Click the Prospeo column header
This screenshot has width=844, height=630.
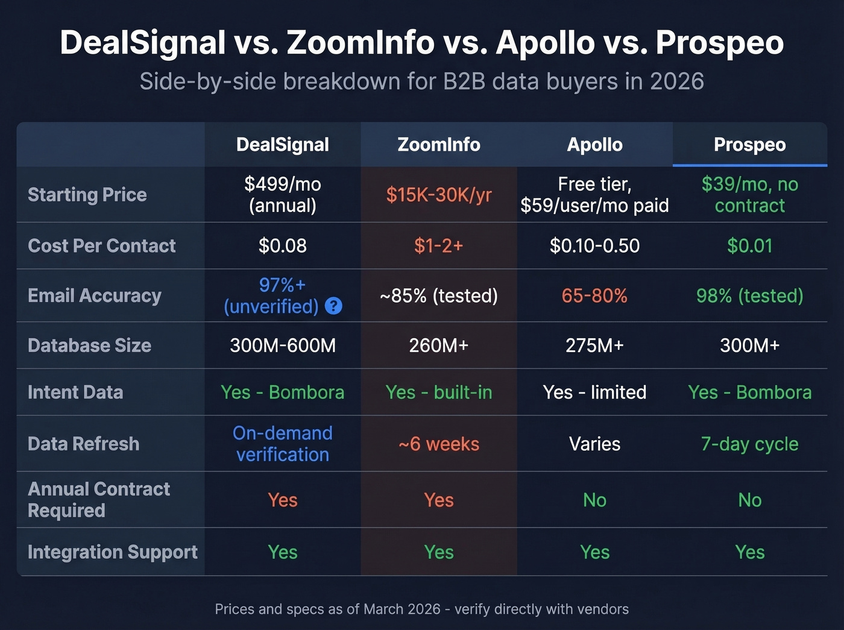(x=749, y=145)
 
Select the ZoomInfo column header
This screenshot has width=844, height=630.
(x=439, y=145)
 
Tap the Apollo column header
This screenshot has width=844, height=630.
(x=594, y=145)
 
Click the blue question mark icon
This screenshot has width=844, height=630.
(x=333, y=306)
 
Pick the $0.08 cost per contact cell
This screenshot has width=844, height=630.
(x=282, y=246)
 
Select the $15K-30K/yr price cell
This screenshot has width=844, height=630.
(x=439, y=195)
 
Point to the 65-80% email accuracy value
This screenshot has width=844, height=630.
(x=594, y=296)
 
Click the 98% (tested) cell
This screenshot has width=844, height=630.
(x=749, y=296)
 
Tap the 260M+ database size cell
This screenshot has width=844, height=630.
(x=439, y=345)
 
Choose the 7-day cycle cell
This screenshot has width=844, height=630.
(x=749, y=444)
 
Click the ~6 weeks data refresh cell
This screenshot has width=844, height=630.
(x=439, y=444)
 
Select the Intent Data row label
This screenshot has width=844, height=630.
(x=75, y=392)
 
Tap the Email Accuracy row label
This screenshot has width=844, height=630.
(x=95, y=296)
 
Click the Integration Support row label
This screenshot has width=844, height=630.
(x=113, y=552)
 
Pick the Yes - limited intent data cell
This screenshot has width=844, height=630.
(x=594, y=392)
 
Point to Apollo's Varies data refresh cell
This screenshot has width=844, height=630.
(x=594, y=444)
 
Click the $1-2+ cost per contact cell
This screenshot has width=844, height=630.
(x=439, y=246)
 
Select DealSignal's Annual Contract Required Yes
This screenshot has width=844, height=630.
(x=282, y=500)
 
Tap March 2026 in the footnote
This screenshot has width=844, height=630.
(x=402, y=610)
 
